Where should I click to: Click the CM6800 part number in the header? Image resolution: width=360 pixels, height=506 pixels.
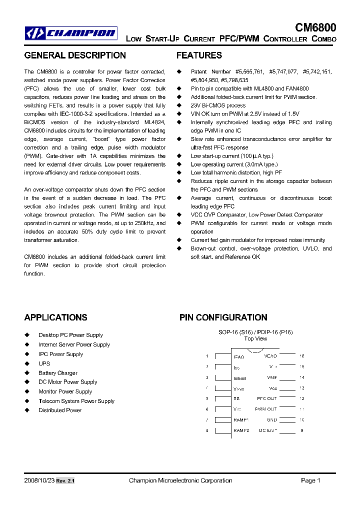315,27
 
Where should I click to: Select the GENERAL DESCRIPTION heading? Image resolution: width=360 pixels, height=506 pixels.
75,55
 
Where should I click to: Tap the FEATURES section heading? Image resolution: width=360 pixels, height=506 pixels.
199,55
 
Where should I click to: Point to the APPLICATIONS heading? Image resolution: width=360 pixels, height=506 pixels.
55,317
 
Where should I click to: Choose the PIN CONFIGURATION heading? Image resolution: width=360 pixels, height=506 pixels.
223,317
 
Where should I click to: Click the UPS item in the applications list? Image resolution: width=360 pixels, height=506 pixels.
44,363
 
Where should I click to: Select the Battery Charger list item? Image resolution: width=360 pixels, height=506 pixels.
58,373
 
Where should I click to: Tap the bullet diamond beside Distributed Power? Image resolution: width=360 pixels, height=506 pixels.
27,410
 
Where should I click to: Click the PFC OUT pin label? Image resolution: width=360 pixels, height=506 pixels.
266,398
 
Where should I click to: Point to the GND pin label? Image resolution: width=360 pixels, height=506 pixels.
271,420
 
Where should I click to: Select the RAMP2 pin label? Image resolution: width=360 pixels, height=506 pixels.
241,430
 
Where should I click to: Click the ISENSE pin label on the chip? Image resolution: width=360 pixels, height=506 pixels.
240,378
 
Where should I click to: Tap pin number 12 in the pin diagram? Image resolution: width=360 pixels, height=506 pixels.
301,398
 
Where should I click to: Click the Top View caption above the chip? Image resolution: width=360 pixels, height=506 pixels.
255,338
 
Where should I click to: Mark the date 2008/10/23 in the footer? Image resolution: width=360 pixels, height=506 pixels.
38,480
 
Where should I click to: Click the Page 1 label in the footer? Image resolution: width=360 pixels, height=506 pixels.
310,480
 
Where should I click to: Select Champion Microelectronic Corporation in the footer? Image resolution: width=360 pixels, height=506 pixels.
180,480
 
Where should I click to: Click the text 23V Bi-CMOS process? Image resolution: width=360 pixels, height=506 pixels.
218,105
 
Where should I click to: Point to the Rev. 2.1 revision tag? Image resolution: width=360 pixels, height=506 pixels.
65,481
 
